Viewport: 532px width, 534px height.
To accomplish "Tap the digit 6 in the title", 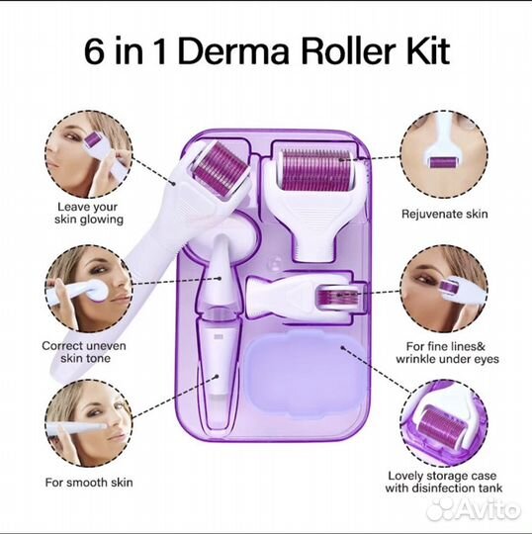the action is coord(94,51).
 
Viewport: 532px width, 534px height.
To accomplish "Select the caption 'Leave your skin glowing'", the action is coord(89,213).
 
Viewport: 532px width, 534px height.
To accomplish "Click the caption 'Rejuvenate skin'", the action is coord(444,214).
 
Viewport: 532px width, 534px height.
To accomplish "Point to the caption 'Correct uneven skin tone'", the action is coord(84,352).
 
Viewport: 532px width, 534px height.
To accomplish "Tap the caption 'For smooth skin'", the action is coord(89,483).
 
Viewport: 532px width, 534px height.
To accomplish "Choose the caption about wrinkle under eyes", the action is coord(447,352).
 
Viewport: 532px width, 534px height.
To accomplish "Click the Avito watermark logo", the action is coord(474,509).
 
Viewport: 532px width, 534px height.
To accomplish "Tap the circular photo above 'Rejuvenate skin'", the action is coord(444,154).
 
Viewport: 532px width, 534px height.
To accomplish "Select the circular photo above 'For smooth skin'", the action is coord(89,423).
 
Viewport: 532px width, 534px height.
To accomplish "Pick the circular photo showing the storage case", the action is coord(444,423).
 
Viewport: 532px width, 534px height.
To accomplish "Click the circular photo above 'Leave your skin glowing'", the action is coord(89,154).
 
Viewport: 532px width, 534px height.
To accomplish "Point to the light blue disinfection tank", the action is coord(304,373).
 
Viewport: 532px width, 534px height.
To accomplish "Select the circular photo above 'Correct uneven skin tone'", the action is coord(89,289).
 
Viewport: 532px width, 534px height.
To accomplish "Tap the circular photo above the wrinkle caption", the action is coord(444,289).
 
